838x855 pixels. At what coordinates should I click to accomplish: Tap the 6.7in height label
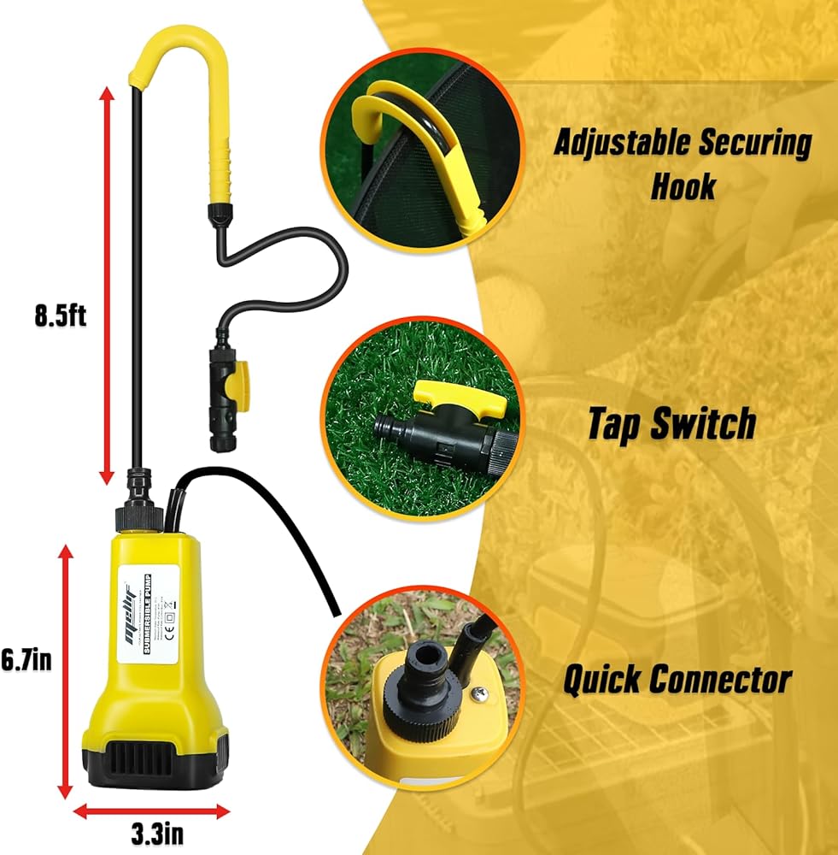26,660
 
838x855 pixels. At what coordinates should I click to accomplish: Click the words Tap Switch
671,423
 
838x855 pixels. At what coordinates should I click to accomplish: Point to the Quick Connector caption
676,680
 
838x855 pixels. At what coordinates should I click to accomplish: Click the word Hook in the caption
683,186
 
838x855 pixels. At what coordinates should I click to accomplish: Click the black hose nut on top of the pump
138,516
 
